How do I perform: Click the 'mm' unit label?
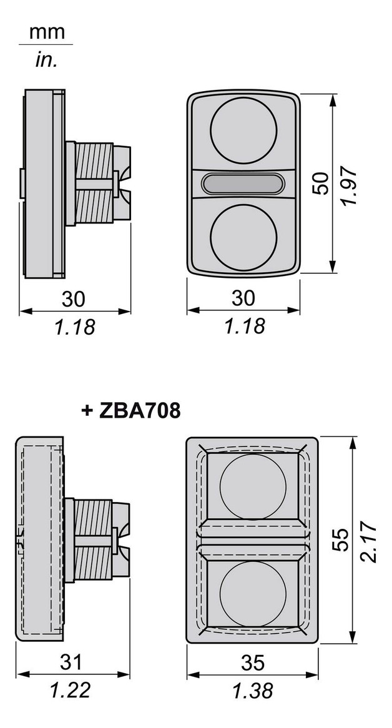coord(47,32)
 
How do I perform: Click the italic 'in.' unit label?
coord(46,60)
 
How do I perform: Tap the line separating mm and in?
coord(46,45)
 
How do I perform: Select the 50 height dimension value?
coord(322,182)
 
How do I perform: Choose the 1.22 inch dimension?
coord(71,690)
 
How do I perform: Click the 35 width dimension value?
coord(253,662)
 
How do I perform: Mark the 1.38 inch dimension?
coord(253,691)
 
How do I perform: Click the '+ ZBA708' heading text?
coord(131,410)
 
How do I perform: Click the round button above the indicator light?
coord(243,129)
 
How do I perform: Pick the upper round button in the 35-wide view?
coord(253,486)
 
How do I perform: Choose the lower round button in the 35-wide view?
coord(253,593)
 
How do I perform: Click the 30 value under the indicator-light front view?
coord(243,298)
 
